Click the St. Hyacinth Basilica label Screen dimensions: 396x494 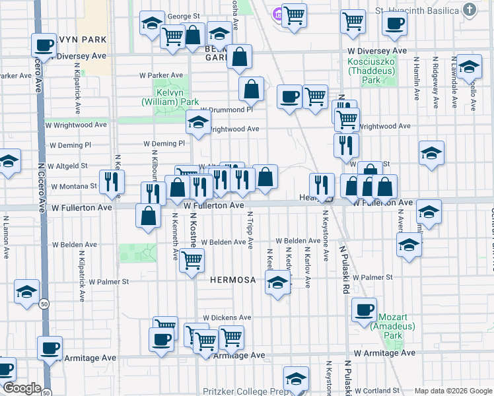[417, 11]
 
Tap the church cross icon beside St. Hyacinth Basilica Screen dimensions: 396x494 [469, 10]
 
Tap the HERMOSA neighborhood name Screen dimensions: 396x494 [232, 280]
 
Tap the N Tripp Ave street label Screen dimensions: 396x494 [250, 230]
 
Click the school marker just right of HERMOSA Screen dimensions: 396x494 [277, 284]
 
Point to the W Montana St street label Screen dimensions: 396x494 [75, 187]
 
